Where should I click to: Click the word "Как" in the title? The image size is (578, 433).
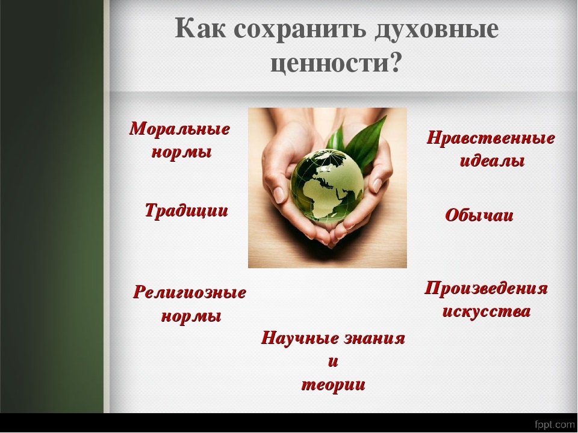(200, 28)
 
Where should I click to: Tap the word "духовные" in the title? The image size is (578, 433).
(437, 30)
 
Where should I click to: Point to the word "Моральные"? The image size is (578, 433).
(179, 129)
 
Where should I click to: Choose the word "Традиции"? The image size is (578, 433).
(187, 210)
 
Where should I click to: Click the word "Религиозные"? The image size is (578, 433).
(190, 293)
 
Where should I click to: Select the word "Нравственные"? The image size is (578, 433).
(491, 138)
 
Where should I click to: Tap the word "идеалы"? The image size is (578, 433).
(492, 161)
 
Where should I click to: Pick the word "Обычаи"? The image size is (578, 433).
(479, 215)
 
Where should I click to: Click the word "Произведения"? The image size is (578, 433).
(486, 288)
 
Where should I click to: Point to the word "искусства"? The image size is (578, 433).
(486, 312)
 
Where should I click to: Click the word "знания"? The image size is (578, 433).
(374, 339)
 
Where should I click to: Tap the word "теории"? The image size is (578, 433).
(333, 385)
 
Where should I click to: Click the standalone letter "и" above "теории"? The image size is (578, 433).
(333, 362)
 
